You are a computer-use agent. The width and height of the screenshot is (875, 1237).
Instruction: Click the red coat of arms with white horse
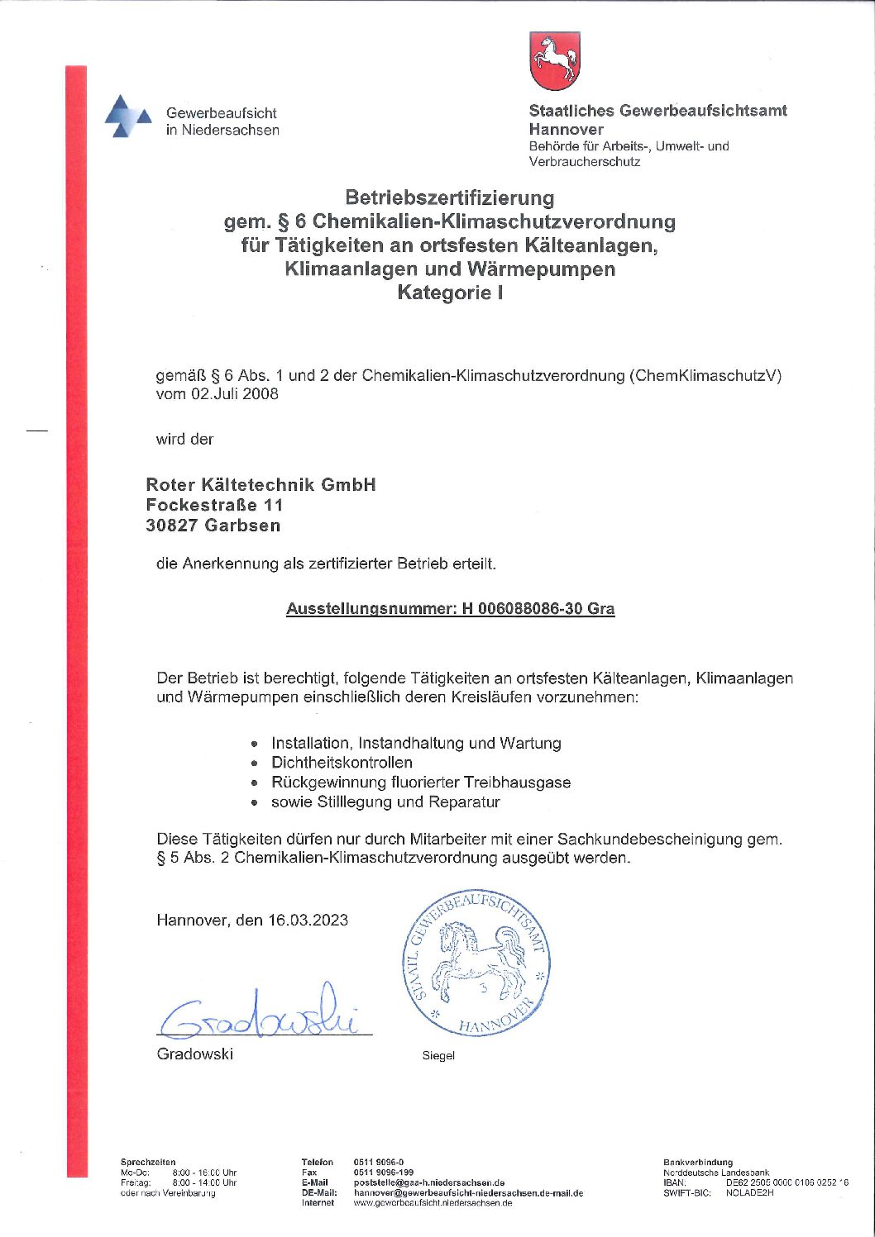click(x=554, y=61)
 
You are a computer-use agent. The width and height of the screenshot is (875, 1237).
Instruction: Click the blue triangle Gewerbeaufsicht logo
click(x=127, y=117)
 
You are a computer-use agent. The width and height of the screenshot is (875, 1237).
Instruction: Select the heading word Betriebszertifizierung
click(x=450, y=198)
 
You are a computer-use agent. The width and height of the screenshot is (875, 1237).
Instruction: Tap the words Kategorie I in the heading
click(x=450, y=293)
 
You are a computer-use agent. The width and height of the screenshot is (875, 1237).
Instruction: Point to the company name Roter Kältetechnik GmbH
click(x=261, y=485)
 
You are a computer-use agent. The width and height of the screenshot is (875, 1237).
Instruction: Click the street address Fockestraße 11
click(x=214, y=505)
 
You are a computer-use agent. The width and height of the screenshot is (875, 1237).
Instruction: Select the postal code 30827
click(x=172, y=526)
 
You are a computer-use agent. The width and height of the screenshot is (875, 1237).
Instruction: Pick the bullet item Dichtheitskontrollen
click(x=342, y=763)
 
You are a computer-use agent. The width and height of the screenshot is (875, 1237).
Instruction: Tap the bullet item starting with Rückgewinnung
click(x=420, y=783)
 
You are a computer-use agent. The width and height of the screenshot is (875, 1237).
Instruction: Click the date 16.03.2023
click(x=308, y=921)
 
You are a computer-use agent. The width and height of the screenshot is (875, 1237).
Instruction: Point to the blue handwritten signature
click(x=261, y=1016)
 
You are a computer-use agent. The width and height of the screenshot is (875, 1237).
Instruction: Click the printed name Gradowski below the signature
click(x=195, y=1054)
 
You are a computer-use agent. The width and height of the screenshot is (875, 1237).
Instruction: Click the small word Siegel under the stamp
click(x=438, y=1056)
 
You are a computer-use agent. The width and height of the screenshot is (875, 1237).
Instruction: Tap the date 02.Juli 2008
click(x=235, y=394)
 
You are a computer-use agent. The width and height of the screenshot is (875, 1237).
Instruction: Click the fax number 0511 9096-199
click(x=384, y=1173)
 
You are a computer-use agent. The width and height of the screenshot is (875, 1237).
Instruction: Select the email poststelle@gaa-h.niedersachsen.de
click(x=428, y=1182)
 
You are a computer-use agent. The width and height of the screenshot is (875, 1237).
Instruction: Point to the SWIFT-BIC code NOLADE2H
click(x=749, y=1193)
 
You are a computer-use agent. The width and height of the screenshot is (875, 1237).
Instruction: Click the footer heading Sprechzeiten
click(x=148, y=1162)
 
